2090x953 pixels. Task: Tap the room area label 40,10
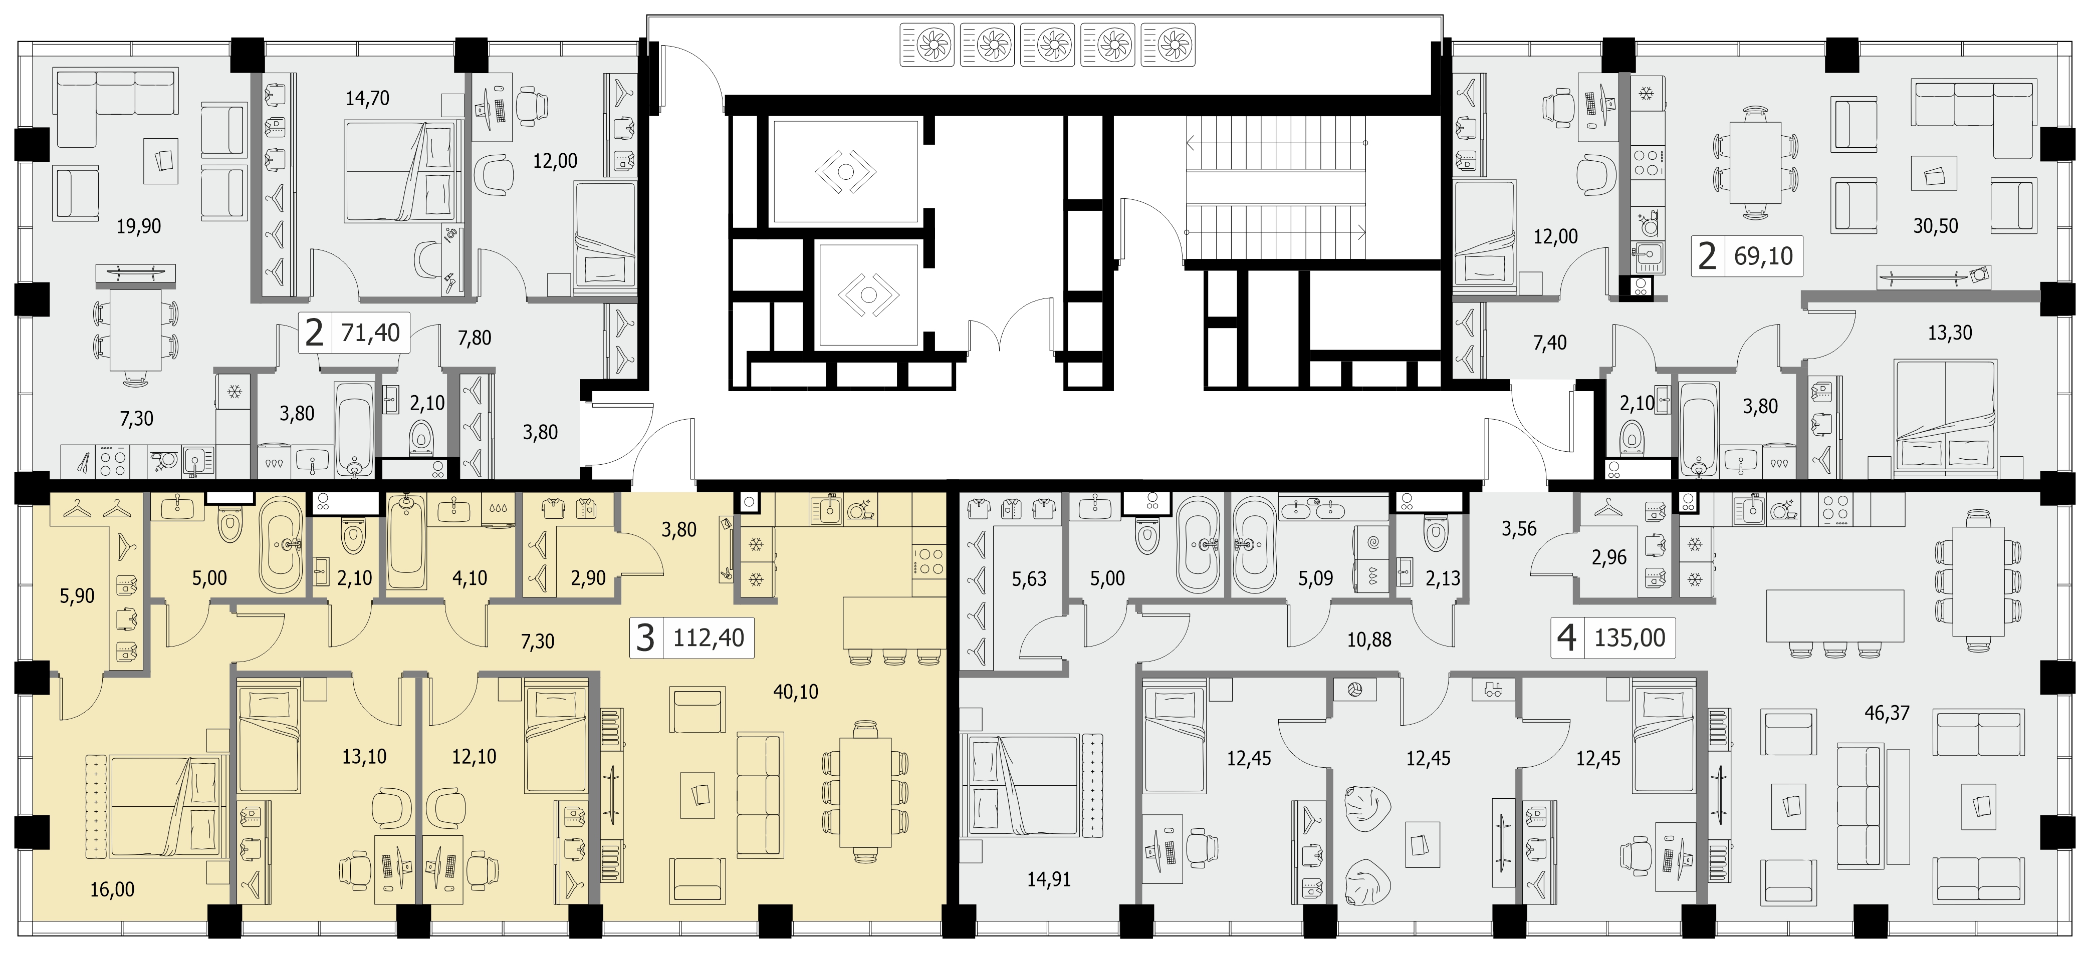tap(796, 692)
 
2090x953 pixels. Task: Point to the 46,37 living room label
tap(1887, 713)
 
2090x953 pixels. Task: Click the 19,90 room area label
tap(139, 226)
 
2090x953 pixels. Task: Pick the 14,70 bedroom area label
tap(367, 98)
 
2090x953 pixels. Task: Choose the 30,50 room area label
tap(1936, 226)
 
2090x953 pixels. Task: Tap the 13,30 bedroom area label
tap(1950, 333)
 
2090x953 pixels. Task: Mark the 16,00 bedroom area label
tap(112, 890)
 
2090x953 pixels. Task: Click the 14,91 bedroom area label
tap(1049, 879)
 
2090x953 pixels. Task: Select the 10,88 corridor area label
tap(1369, 640)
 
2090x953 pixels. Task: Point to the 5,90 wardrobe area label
tap(77, 596)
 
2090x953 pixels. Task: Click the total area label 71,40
tap(371, 333)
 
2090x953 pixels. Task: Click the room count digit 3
tap(645, 639)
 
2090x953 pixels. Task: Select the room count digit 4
tap(1567, 639)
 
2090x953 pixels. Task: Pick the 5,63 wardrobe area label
tap(1029, 579)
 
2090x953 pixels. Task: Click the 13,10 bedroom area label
tap(364, 757)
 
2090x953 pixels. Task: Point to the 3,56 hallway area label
tap(1519, 529)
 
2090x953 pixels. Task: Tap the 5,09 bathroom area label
tap(1315, 578)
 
